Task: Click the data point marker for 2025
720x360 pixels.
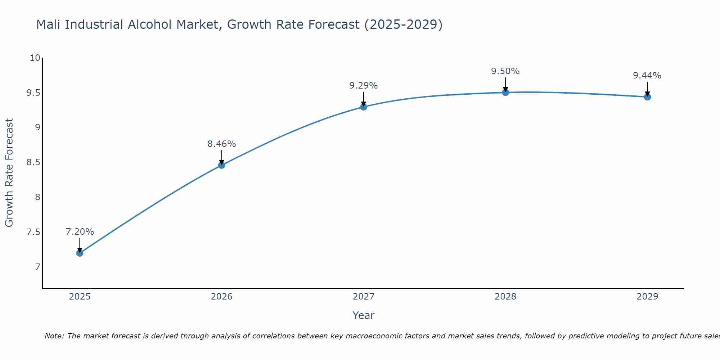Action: (80, 253)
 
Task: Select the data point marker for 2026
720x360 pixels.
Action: (222, 165)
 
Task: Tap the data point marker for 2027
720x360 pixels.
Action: (364, 107)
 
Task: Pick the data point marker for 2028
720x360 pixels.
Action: (505, 93)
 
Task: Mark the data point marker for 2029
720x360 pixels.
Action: (647, 97)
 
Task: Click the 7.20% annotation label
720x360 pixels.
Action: (80, 232)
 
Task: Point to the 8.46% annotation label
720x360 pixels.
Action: (222, 144)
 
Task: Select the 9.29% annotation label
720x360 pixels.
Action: (364, 86)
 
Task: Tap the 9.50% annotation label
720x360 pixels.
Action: (505, 71)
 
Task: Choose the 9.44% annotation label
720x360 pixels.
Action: (647, 76)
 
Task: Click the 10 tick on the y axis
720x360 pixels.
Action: (35, 58)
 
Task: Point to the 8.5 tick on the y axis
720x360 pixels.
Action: (33, 162)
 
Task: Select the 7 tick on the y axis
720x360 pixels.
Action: (37, 267)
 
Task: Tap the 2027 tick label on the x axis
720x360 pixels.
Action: (364, 297)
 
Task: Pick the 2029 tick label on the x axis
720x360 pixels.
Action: (647, 297)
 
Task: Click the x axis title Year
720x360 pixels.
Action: (364, 315)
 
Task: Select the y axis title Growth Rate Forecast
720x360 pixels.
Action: (9, 173)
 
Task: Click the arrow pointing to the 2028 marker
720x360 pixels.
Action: (505, 84)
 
